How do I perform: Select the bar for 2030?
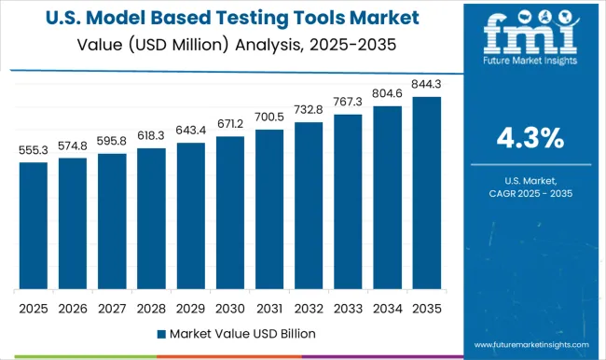click(x=229, y=212)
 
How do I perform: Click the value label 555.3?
click(x=33, y=150)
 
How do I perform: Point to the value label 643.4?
click(x=190, y=130)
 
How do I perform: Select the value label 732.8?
click(x=309, y=109)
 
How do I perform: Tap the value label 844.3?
click(x=426, y=84)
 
